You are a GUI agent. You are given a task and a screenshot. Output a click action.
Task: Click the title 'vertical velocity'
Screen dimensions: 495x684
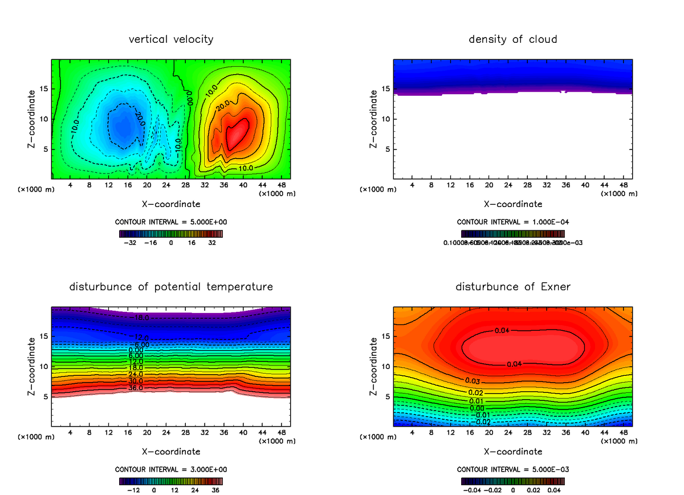171,39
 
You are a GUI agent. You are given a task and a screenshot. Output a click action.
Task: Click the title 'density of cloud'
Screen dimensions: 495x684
513,39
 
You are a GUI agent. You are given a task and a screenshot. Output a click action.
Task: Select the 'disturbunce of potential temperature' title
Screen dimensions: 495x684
171,286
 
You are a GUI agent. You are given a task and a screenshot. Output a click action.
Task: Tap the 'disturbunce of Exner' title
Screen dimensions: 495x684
513,286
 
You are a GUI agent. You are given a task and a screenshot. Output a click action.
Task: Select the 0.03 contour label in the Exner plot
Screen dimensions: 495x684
472,380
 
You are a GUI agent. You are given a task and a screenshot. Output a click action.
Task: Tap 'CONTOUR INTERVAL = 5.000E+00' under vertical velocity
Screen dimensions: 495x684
171,221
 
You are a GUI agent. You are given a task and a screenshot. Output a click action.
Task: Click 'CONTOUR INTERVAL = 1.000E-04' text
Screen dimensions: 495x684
513,221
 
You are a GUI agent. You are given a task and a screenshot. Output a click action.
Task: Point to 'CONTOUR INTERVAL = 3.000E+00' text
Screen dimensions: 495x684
171,469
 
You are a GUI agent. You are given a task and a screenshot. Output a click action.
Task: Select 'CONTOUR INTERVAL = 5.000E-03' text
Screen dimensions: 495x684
513,469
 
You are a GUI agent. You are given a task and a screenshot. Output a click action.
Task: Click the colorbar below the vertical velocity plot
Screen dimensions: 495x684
171,233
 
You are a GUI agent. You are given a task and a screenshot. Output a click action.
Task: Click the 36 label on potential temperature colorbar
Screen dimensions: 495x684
215,489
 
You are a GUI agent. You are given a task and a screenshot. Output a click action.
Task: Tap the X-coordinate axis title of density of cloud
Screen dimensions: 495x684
513,204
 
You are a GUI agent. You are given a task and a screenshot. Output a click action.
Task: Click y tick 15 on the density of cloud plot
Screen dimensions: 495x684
386,88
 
